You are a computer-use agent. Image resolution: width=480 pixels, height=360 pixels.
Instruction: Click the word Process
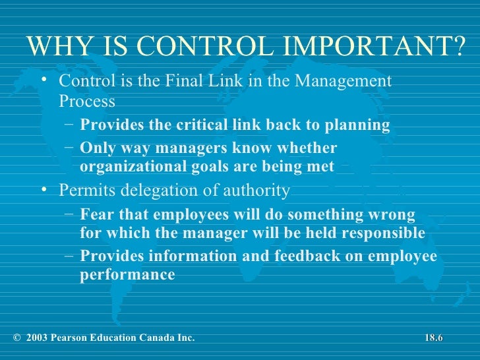[x=87, y=102]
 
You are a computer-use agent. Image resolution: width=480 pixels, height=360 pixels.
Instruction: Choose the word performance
[x=127, y=274]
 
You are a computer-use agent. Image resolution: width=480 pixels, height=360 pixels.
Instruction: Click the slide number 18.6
[x=433, y=338]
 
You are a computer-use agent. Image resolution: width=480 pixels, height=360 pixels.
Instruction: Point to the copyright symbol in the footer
[x=15, y=338]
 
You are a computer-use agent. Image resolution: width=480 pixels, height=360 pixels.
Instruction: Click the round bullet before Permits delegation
[x=44, y=191]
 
